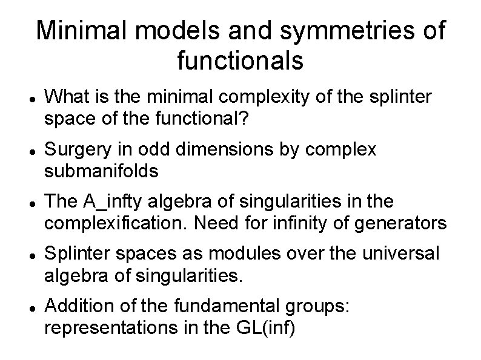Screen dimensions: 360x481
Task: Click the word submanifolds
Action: (101, 172)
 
